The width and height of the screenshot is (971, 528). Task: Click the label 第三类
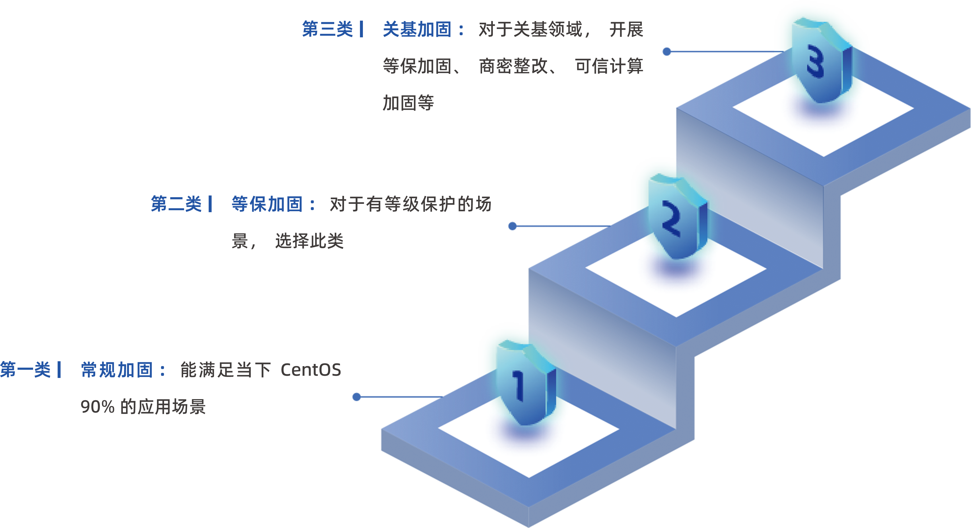tap(327, 29)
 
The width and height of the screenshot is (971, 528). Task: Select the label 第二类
tap(176, 204)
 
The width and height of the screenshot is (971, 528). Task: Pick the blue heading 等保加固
tap(267, 204)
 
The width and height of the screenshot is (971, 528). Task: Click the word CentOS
tap(311, 370)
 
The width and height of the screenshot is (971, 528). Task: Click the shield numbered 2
tap(675, 219)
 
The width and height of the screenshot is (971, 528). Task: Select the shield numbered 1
tap(524, 385)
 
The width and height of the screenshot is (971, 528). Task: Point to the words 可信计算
tap(609, 66)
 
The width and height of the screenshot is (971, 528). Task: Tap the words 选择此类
tap(309, 241)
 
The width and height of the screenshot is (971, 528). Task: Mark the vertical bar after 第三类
tap(361, 29)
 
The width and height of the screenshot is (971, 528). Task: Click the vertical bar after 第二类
tap(210, 204)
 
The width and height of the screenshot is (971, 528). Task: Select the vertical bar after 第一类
tap(59, 370)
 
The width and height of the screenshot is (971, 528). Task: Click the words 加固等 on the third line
tap(408, 103)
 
